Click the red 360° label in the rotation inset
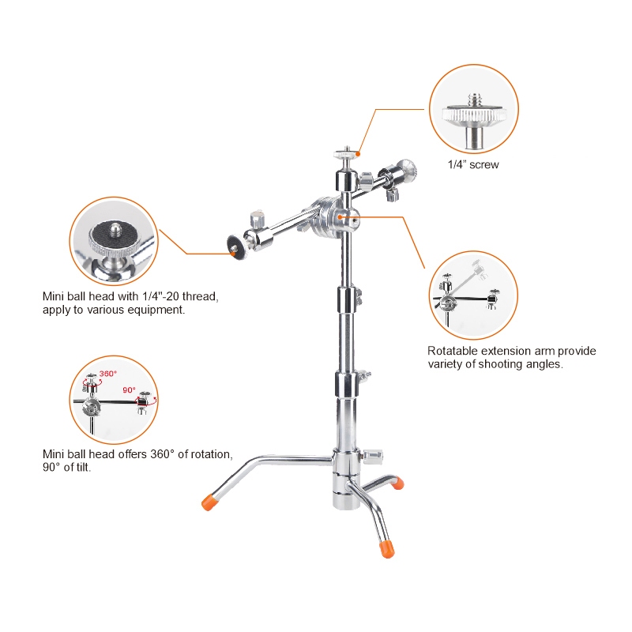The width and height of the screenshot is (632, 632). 107,374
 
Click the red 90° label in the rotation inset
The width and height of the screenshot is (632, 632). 129,389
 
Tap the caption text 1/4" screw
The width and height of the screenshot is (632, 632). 473,164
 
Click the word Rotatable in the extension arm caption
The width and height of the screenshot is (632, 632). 452,351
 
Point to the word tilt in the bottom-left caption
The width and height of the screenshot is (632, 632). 84,467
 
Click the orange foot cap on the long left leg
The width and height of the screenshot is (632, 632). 209,502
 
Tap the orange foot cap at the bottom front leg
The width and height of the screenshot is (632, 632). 386,548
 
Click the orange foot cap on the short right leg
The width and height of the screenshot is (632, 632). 397,483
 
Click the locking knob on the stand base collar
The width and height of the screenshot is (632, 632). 373,457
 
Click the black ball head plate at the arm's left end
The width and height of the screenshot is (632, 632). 235,246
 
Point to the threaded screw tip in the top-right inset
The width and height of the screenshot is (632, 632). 473,100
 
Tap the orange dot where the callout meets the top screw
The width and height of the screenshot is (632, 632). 358,153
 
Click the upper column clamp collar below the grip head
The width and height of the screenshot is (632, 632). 347,298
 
